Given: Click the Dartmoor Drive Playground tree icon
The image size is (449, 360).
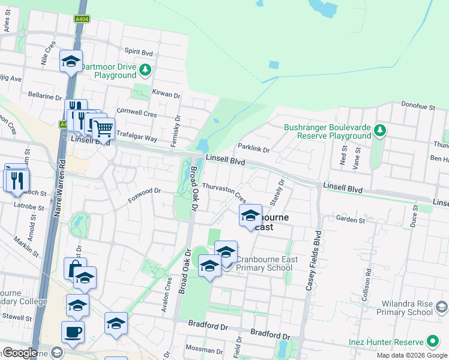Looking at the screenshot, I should coord(145,71).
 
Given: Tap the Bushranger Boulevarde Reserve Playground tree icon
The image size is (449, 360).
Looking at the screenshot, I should coord(379,130).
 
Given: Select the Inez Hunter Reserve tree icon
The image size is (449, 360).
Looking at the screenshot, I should coord(432,342).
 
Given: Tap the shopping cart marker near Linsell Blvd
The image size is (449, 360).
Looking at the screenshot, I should coord(103,128).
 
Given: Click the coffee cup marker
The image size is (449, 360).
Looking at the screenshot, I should coord(73,332).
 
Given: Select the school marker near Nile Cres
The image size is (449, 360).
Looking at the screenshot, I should coord(71,61).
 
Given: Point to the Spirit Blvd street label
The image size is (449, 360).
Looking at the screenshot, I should coord(139,51).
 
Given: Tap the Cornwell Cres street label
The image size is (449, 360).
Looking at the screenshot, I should coord(136,113).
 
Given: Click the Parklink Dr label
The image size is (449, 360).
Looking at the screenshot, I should coord(253,148).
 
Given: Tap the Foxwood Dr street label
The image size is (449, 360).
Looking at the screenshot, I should coord(145,191).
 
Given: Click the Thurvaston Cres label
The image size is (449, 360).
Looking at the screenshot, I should coord(224,191).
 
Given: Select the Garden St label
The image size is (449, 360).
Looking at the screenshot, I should coord(351,220).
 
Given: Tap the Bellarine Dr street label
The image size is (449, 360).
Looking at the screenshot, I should coord(45,95).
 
